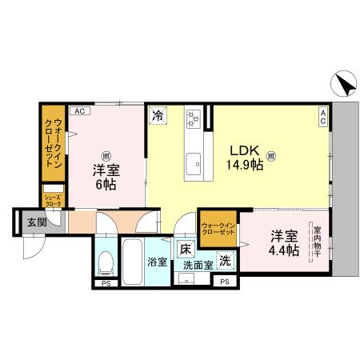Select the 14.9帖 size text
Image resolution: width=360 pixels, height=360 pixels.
coord(243,165)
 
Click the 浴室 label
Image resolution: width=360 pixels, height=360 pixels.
coord(156,262)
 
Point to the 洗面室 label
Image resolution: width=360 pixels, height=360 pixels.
coord(198,265)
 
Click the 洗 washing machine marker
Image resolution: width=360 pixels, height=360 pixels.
coord(226,259)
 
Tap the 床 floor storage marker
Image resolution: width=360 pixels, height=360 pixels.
coord(185,249)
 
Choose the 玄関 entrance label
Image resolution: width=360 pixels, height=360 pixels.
coord(27,222)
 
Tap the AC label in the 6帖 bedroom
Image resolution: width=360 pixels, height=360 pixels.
coord(79,111)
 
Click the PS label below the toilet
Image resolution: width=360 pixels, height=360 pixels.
coord(105,283)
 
